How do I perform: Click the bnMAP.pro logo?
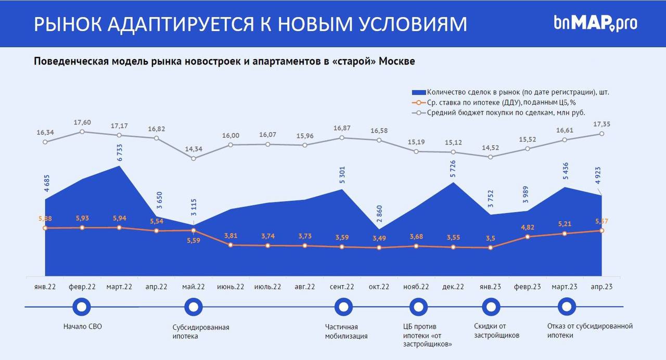[x=595, y=23]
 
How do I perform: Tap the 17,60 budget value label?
[x=82, y=122]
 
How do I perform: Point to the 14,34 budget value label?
[x=194, y=149]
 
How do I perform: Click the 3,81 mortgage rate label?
[x=230, y=235]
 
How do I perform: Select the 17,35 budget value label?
[x=601, y=124]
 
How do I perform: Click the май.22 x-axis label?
[x=194, y=287]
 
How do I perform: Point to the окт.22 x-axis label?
[x=379, y=287]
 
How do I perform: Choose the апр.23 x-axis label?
[x=601, y=287]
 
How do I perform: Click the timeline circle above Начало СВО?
[x=81, y=307]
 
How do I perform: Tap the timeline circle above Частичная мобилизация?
[x=342, y=307]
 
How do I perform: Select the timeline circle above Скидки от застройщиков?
[x=490, y=307]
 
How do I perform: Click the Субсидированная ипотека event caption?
[x=201, y=331]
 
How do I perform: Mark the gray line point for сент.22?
[x=342, y=138]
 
